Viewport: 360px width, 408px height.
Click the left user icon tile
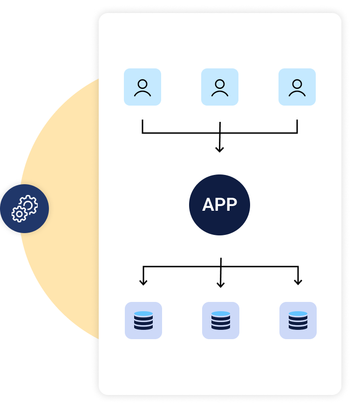coord(143,87)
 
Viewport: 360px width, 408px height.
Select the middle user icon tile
coord(220,87)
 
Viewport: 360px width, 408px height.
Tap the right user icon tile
coord(297,87)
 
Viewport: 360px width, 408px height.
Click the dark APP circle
coord(219,205)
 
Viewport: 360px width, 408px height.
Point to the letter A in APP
coord(208,205)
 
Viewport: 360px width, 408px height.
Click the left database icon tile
coord(143,321)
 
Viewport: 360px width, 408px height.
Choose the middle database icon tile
coord(221,321)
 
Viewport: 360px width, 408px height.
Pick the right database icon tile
coord(298,321)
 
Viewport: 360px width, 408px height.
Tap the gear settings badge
coord(24,208)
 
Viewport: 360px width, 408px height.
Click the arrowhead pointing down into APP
coord(219,149)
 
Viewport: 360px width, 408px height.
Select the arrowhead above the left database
coord(143,282)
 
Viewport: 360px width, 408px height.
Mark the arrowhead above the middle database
coord(221,285)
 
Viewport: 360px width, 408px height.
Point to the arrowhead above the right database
coord(298,282)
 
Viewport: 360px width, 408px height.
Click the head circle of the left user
coord(143,84)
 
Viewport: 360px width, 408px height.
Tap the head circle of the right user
coord(297,84)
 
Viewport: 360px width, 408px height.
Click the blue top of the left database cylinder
coord(143,314)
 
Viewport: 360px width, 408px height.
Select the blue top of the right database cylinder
coord(298,314)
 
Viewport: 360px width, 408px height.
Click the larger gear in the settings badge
coord(29,204)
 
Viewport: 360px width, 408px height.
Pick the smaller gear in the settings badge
coord(19,214)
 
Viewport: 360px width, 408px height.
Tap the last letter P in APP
coord(231,205)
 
